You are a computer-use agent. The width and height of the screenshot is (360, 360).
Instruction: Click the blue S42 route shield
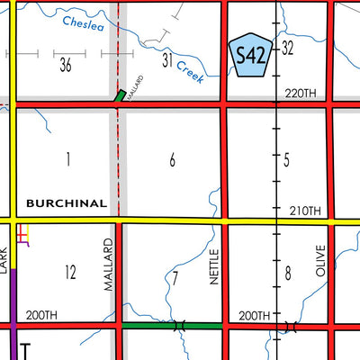251,56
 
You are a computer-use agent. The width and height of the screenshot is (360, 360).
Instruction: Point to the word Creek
189,71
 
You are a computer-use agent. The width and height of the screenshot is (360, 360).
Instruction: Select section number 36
66,65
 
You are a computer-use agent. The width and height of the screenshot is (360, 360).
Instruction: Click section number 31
167,60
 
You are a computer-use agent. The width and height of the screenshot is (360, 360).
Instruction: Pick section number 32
288,48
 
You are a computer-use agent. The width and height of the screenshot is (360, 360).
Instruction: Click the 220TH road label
301,94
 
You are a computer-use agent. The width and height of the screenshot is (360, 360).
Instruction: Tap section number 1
67,159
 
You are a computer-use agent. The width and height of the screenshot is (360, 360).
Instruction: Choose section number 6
172,160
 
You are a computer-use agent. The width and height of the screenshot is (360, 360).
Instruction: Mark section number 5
286,160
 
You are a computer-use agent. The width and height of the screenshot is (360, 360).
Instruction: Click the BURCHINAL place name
67,203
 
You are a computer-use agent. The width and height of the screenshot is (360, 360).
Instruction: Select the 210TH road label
304,211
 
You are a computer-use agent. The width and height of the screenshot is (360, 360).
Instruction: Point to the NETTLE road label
214,267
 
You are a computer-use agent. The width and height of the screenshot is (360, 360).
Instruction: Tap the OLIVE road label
319,260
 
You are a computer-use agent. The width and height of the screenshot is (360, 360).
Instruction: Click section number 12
71,271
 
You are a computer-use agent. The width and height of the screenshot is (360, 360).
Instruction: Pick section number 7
175,278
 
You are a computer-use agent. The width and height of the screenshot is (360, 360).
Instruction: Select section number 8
288,273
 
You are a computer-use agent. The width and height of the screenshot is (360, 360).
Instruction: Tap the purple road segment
13,297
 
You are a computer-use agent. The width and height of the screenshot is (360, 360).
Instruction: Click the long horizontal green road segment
171,324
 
